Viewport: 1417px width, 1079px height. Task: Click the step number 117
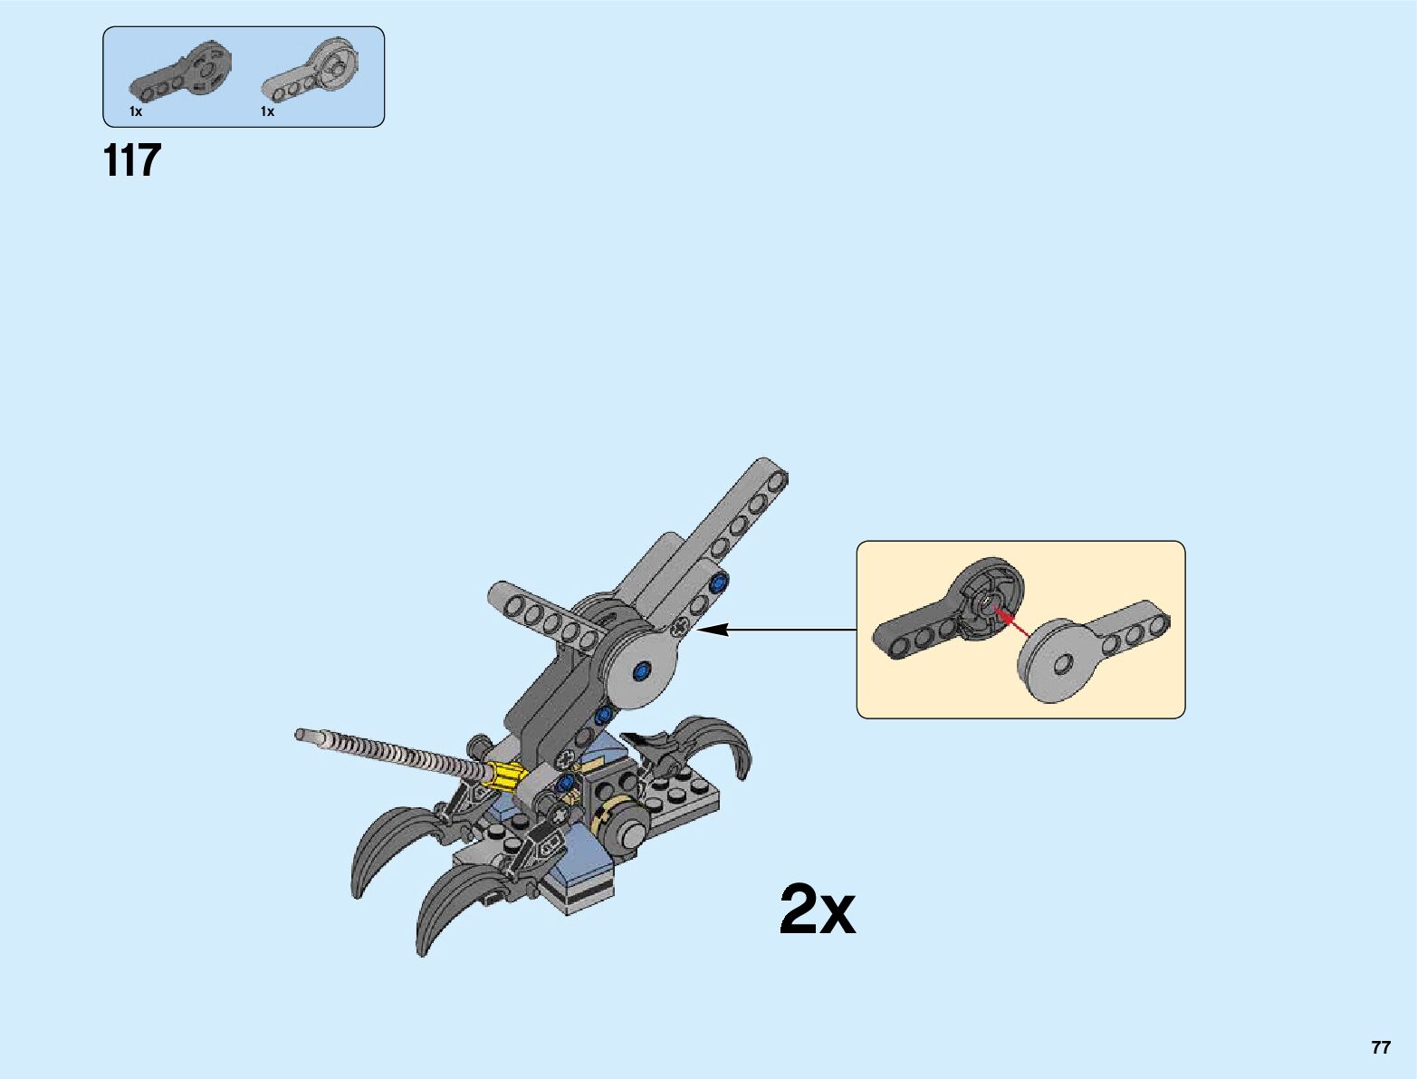(132, 160)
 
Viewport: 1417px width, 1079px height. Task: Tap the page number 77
(1380, 1047)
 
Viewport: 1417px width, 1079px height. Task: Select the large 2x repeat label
(817, 910)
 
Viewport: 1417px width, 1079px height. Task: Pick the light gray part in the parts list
(312, 71)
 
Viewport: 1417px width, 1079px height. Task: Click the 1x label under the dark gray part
(136, 111)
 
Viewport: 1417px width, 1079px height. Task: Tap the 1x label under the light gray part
(267, 111)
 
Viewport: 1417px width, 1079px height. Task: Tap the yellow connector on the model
(506, 776)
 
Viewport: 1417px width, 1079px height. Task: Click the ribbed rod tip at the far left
(302, 735)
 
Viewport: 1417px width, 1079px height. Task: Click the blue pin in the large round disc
(643, 671)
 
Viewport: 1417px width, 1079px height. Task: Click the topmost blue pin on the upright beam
(719, 583)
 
